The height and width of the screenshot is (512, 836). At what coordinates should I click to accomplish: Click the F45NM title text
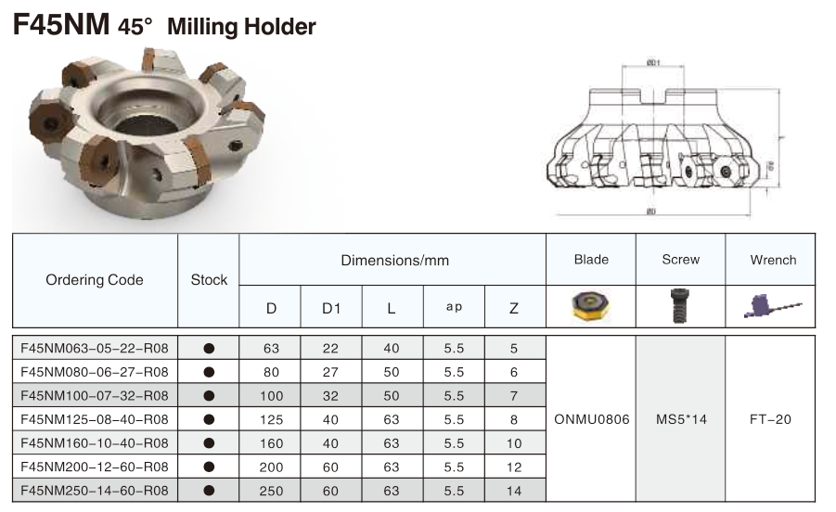point(61,24)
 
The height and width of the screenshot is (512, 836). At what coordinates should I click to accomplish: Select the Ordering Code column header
point(95,280)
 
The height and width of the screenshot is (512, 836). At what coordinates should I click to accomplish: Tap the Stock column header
point(209,280)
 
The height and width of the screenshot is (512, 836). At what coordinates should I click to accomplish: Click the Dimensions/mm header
point(393,261)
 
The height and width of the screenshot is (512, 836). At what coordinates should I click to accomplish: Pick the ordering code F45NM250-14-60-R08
point(95,490)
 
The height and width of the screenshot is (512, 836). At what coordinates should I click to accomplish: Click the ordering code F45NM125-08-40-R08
point(95,418)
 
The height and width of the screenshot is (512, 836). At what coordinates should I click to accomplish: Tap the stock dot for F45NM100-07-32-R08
point(209,395)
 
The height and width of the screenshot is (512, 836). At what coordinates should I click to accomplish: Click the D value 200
point(271,467)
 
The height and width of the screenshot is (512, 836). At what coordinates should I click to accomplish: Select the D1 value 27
point(331,371)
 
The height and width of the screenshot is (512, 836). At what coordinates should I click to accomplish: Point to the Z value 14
point(513,491)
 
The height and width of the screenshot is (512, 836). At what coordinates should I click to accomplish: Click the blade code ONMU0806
point(591,419)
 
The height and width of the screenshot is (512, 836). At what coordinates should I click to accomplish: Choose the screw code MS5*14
point(680,419)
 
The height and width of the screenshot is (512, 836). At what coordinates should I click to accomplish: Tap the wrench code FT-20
point(770,419)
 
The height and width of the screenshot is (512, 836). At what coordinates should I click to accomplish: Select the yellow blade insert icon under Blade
point(590,305)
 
